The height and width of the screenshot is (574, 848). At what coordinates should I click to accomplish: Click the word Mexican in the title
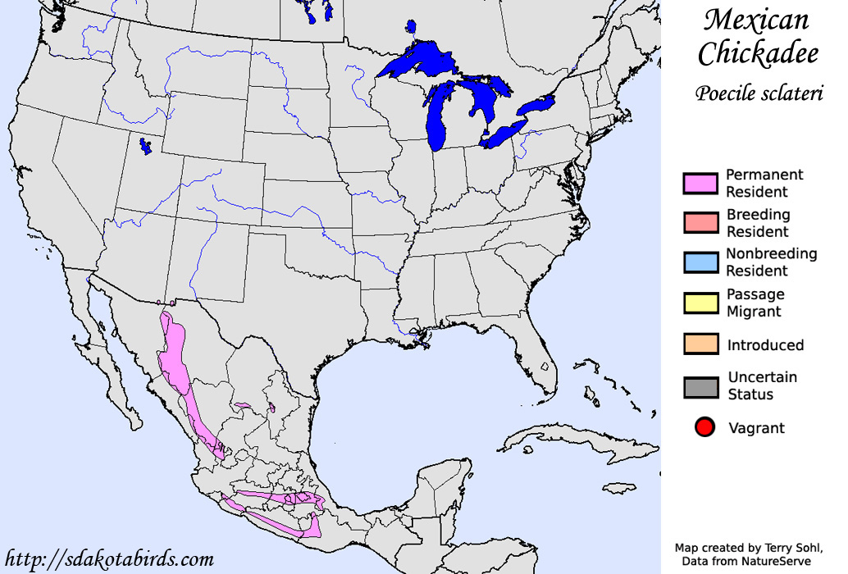[756, 20]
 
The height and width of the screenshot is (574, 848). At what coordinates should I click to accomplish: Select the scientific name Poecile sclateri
[759, 93]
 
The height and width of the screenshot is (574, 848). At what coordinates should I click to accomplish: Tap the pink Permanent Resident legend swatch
[700, 184]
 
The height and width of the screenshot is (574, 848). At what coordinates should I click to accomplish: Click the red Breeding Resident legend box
[700, 223]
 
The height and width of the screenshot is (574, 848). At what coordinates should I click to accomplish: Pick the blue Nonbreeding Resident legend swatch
[700, 262]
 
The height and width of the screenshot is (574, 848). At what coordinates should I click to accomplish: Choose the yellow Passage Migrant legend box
[700, 303]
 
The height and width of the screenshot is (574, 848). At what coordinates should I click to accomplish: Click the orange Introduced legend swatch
[700, 345]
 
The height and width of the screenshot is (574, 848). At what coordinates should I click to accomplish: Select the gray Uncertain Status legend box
[700, 386]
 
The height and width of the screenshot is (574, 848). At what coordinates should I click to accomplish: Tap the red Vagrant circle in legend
[704, 427]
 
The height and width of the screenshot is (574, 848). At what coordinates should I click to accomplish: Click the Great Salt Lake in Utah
[145, 147]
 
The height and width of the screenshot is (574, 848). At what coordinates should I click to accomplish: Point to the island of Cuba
[566, 442]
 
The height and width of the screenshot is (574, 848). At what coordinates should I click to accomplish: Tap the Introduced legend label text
[764, 345]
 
